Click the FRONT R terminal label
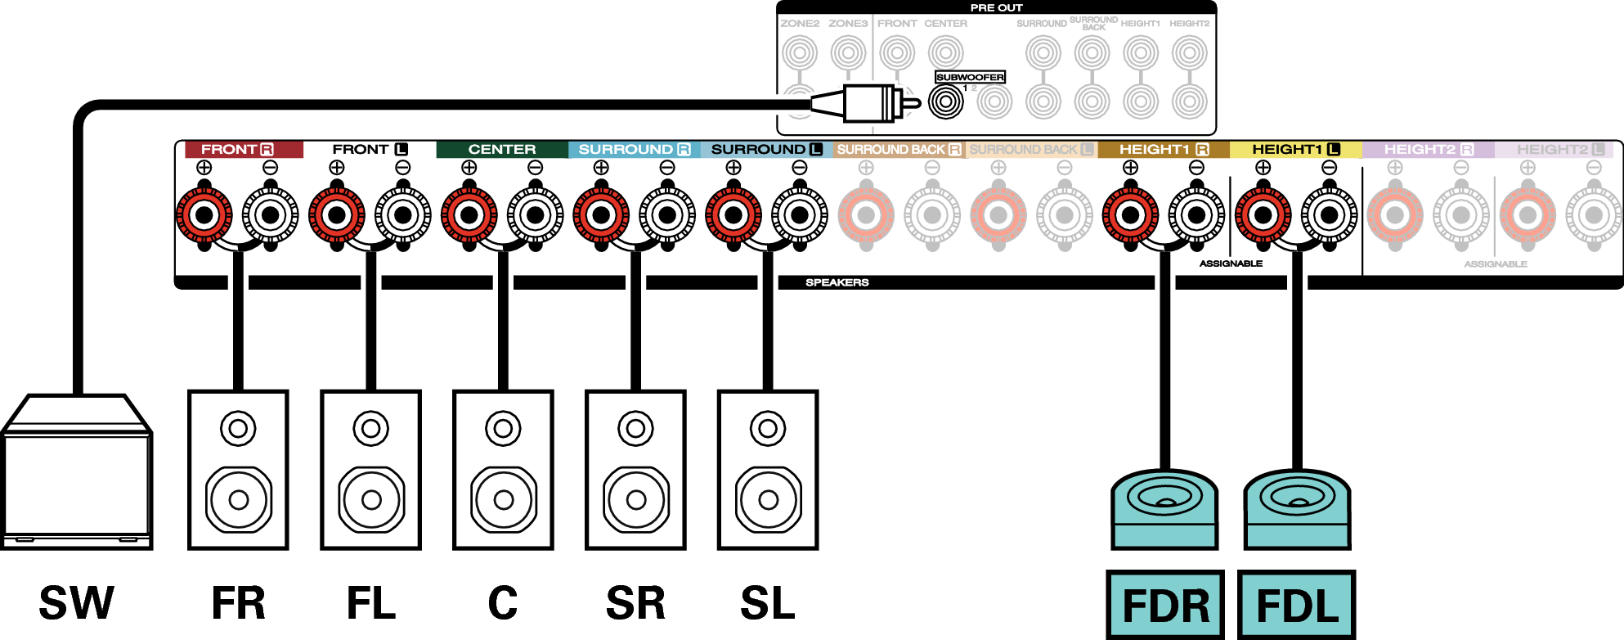click(x=237, y=150)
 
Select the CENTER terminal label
click(x=501, y=150)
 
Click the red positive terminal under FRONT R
click(x=204, y=215)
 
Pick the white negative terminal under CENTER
click(x=536, y=215)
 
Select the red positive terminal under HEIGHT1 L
click(x=1263, y=215)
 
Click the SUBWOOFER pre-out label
click(x=970, y=77)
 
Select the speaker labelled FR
click(x=238, y=470)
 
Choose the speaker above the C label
click(x=503, y=470)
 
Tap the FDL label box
click(x=1297, y=605)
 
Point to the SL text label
click(x=767, y=604)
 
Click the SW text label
click(x=77, y=604)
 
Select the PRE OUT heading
click(x=996, y=7)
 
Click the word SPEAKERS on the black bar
click(x=837, y=282)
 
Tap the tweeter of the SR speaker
click(x=635, y=428)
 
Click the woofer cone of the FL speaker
click(x=371, y=499)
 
